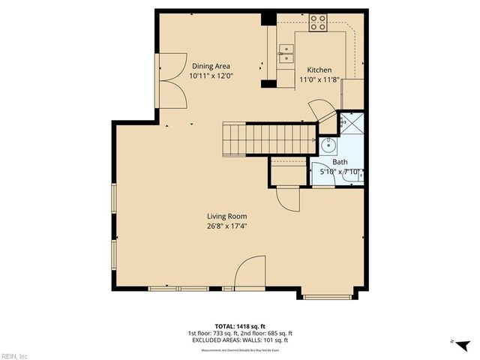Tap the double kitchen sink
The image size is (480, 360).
285,52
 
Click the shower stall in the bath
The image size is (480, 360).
350,123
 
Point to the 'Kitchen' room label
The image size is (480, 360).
319,70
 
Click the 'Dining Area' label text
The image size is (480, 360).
211,65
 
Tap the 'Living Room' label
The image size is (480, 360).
227,216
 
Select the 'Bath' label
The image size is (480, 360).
340,161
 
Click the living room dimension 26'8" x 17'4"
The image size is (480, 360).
227,226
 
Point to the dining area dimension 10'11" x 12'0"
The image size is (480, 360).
212,76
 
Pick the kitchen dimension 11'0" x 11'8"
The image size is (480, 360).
320,79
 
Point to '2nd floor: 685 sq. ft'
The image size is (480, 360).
266,332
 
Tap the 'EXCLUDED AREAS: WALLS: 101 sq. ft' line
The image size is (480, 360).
239,340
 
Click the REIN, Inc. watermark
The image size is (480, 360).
15,355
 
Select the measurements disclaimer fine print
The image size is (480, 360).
239,348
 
